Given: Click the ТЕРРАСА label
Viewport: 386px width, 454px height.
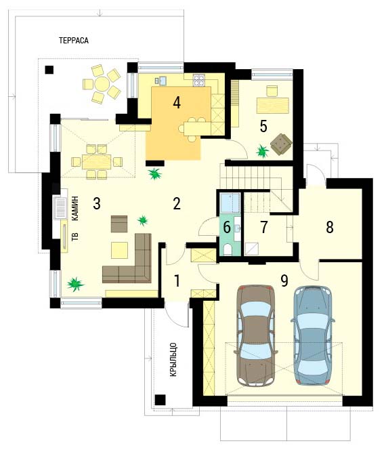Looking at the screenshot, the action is coord(74,41).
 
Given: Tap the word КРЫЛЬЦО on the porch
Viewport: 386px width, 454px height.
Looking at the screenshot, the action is coord(173,360).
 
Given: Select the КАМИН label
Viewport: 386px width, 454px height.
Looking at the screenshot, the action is coord(75,209).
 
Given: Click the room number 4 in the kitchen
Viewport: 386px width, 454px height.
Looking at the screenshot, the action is coord(177,102).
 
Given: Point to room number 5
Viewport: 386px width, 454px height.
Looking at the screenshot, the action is coord(263,126).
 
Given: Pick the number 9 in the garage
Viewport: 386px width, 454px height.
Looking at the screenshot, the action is coord(284,281).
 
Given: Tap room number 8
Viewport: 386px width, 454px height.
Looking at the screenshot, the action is coord(330,227).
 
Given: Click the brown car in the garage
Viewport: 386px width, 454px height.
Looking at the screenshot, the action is coord(255,335).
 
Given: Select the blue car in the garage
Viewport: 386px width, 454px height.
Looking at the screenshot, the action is coord(313,335).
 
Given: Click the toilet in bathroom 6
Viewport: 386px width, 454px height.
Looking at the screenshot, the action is coord(228,249).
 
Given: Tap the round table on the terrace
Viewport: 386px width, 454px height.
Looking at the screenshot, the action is coord(102,84).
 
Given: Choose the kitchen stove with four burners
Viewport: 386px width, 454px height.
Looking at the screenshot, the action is coord(199,80).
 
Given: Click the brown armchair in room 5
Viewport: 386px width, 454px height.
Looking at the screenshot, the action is coord(281,144).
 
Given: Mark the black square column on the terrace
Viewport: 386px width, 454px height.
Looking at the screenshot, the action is coord(49,70).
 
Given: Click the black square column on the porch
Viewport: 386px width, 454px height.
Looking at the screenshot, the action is coord(160,400).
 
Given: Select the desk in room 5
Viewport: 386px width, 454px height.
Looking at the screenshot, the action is coord(273,106).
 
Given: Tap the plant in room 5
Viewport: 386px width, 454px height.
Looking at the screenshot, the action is coord(262,151).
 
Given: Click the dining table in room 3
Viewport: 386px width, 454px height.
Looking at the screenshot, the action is coord(96,162).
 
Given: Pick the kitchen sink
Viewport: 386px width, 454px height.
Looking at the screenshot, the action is coord(163,81).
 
